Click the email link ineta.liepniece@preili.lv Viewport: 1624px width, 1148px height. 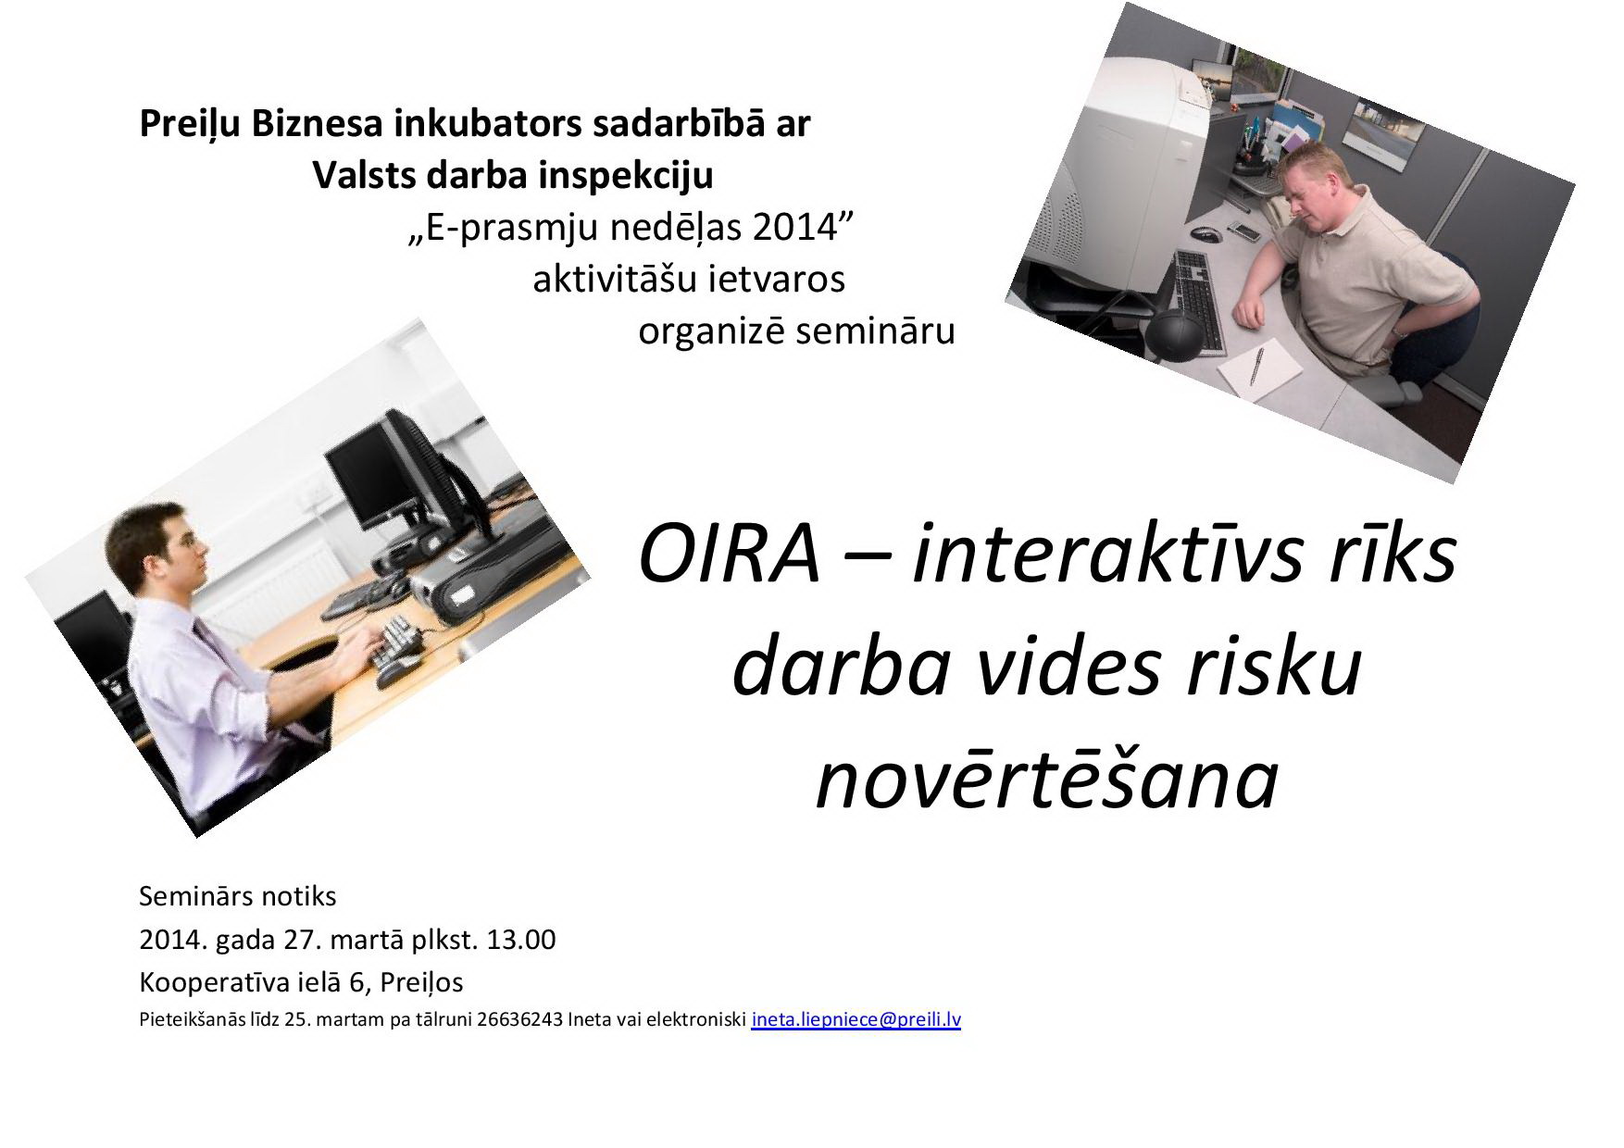point(856,1020)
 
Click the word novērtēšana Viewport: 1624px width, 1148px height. point(1047,780)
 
